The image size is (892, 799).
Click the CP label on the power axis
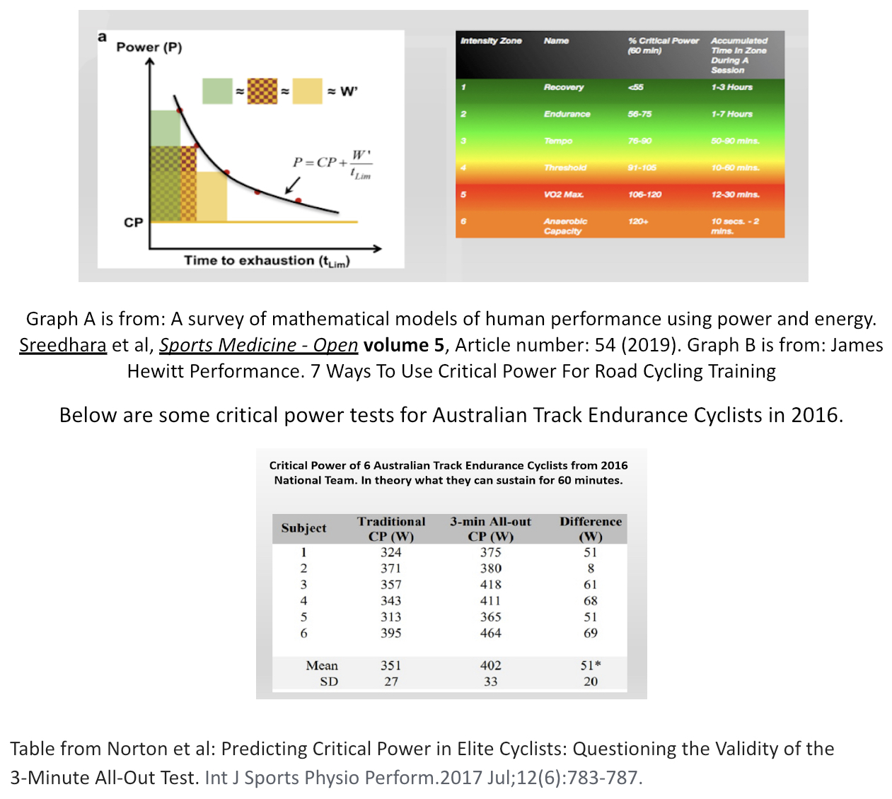coord(133,223)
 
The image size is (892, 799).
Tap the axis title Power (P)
coord(149,47)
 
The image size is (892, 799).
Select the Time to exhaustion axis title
coord(267,261)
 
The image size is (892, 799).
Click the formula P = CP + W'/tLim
coord(332,164)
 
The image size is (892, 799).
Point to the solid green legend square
coord(217,91)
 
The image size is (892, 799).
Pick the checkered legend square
coord(262,91)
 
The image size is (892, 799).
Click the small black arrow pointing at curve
coord(292,186)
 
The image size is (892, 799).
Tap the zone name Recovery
coord(564,88)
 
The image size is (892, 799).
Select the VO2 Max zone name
coord(564,194)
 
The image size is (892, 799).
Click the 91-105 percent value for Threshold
coord(642,168)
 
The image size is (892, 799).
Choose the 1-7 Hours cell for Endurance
coord(732,115)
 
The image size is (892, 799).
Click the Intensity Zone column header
coord(491,41)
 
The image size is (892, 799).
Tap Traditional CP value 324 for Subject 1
coord(390,552)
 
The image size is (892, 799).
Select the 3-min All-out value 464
coord(490,634)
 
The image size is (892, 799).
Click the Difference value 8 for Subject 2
coord(591,568)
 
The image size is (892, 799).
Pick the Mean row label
coord(322,666)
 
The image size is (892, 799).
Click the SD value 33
coord(490,682)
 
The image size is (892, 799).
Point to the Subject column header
coord(303,528)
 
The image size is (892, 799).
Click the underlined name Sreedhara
coord(63,345)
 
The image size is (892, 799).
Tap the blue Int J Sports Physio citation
coord(424,778)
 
